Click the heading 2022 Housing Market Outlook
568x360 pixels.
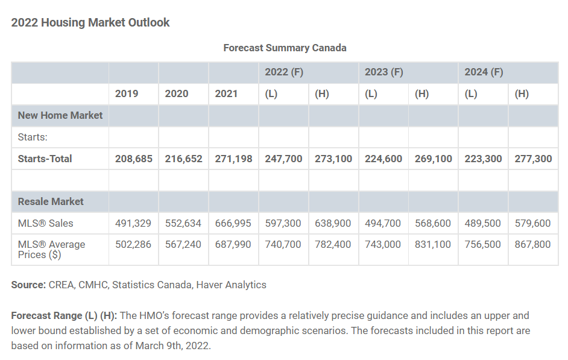pyautogui.click(x=90, y=23)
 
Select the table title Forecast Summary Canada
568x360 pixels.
pyautogui.click(x=285, y=48)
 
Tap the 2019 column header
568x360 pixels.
pyautogui.click(x=127, y=93)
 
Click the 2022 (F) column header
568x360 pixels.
pyautogui.click(x=284, y=72)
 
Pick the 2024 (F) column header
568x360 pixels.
pyautogui.click(x=484, y=72)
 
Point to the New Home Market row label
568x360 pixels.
pyautogui.click(x=60, y=115)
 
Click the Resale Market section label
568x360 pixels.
pyautogui.click(x=51, y=201)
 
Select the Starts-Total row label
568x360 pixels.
pyautogui.click(x=45, y=159)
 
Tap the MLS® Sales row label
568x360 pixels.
pyautogui.click(x=45, y=223)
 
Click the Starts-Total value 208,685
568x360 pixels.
pyautogui.click(x=133, y=159)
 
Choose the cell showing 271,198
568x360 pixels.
pyautogui.click(x=233, y=159)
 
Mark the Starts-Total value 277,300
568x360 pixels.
pyautogui.click(x=532, y=159)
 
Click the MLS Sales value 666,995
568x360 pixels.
pyautogui.click(x=233, y=223)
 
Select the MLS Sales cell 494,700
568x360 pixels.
pyautogui.click(x=383, y=223)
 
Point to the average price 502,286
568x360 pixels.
pyautogui.click(x=133, y=244)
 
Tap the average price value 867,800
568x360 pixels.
pyautogui.click(x=532, y=244)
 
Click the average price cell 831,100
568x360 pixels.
pyautogui.click(x=433, y=244)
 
